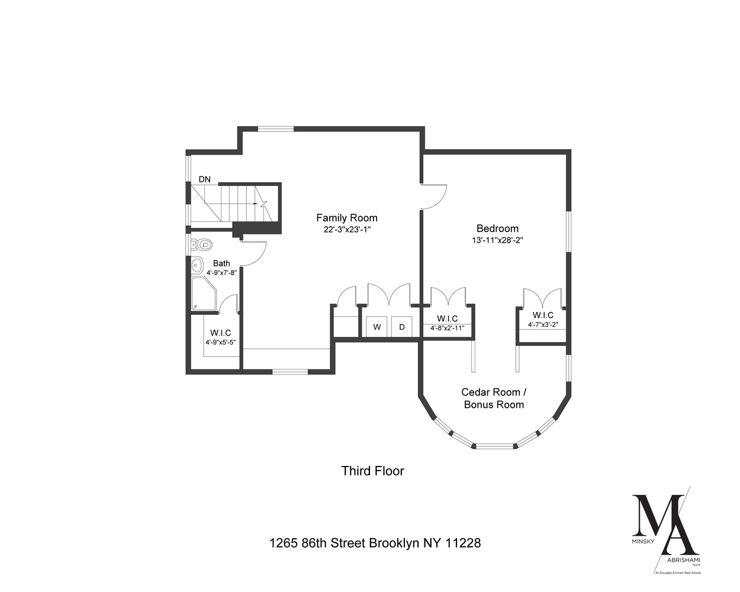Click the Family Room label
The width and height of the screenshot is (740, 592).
pos(346,217)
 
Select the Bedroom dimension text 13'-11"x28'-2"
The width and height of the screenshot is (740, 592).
pos(497,240)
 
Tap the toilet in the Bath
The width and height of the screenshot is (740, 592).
pos(203,243)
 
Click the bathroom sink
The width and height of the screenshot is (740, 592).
pos(198,265)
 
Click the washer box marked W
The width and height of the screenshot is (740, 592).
pos(376,327)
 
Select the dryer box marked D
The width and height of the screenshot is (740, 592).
pos(401,327)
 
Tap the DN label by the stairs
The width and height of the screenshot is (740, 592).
pos(204,179)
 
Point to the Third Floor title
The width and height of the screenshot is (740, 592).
pos(372,471)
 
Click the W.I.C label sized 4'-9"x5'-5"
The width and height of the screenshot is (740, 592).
pos(220,333)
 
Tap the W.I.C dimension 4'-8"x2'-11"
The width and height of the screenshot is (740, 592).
pos(448,328)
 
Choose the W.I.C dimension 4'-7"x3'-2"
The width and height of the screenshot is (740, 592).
pos(543,324)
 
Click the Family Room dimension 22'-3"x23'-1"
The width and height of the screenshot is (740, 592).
pos(346,230)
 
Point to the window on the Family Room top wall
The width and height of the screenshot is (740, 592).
pos(276,128)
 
